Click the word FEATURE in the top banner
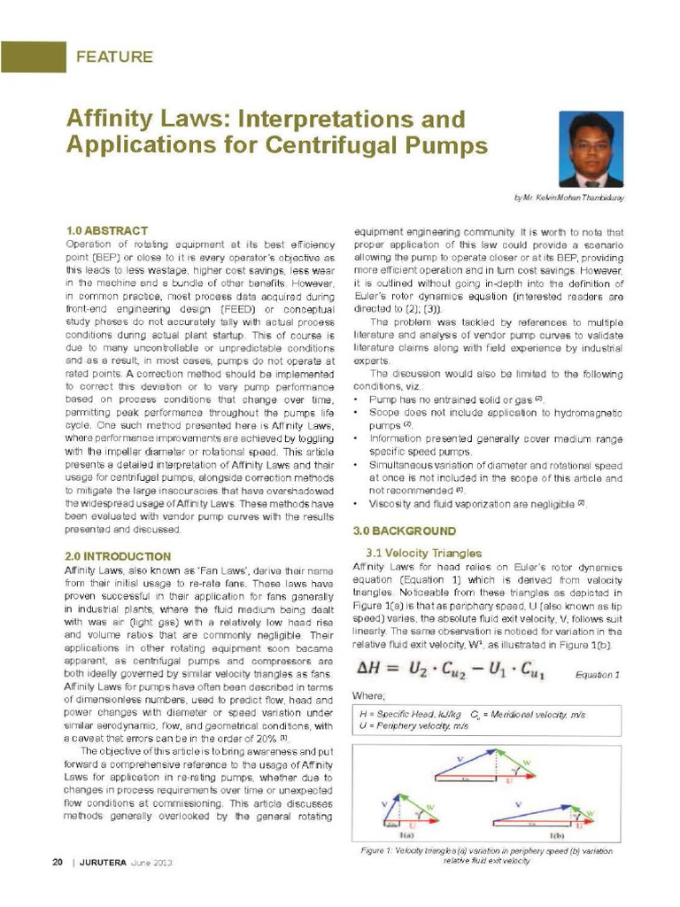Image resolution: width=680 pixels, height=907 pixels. click(x=114, y=58)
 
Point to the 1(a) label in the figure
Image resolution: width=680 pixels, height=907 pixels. click(x=406, y=835)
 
